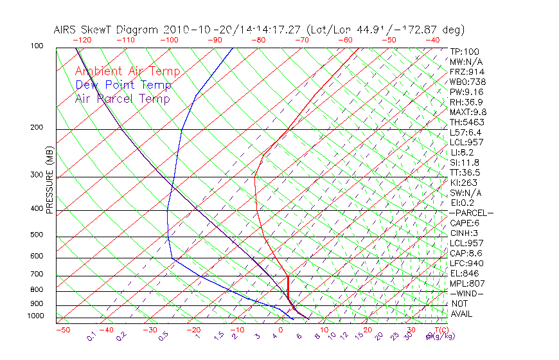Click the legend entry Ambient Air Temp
pyautogui.click(x=127, y=71)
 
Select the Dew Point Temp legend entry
pyautogui.click(x=123, y=85)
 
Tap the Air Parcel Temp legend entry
pyautogui.click(x=122, y=98)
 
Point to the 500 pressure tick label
pyautogui.click(x=37, y=235)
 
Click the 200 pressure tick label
pyautogui.click(x=37, y=127)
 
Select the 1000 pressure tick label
pyautogui.click(x=35, y=316)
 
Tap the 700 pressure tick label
pyautogui.click(x=37, y=274)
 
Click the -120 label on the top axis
pyautogui.click(x=82, y=39)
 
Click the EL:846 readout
pyautogui.click(x=465, y=273)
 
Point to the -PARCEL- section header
pyautogui.click(x=471, y=213)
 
